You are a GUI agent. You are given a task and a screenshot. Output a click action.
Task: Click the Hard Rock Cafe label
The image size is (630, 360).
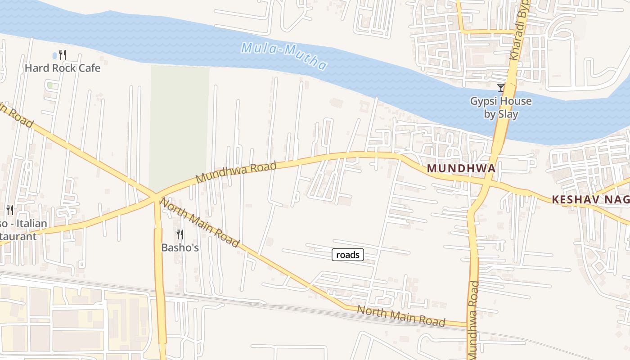63,68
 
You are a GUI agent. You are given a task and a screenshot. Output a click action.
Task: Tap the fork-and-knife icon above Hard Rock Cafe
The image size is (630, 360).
63,55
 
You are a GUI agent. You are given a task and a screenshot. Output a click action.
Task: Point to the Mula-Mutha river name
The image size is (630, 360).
283,56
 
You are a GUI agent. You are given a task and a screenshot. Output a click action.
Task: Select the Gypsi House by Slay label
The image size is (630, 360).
501,108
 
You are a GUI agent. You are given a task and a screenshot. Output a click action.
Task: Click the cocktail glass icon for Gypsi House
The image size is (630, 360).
500,87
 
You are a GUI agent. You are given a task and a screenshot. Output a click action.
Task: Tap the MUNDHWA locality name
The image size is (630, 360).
461,168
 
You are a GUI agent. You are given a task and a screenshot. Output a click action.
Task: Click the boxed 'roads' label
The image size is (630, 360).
348,255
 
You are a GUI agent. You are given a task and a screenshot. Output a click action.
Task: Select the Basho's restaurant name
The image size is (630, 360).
180,247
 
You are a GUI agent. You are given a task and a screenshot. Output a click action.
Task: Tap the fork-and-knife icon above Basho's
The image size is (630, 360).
180,234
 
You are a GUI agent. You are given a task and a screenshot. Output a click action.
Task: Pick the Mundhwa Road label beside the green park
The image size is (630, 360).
236,173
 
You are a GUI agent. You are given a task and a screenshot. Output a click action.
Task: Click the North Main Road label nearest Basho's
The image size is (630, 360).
200,222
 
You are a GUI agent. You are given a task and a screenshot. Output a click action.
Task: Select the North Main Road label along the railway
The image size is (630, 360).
400,315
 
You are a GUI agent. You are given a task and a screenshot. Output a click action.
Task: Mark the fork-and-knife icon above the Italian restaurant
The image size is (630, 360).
9,210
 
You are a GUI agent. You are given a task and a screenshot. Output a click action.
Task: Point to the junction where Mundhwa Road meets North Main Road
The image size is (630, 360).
155,196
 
